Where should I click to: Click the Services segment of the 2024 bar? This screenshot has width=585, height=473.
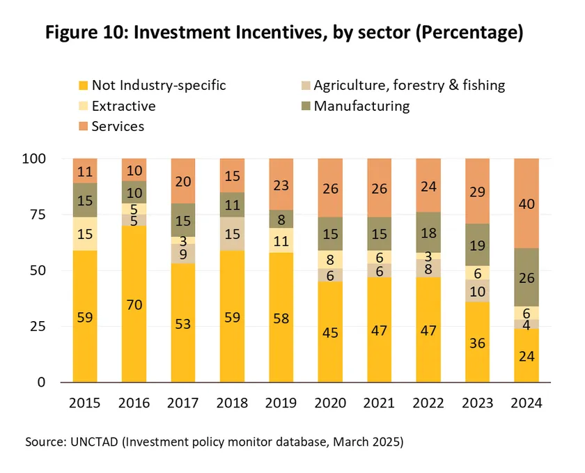(526, 203)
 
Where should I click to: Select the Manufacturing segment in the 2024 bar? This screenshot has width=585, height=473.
(526, 277)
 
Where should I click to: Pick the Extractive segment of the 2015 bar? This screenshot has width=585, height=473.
(85, 234)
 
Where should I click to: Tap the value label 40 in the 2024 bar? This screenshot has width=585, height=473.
(526, 203)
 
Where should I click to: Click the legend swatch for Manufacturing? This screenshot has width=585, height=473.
(304, 107)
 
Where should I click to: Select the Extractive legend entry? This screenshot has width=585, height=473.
(123, 107)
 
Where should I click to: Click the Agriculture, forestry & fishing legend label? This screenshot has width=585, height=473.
(409, 86)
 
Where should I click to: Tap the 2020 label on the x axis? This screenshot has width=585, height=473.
(330, 403)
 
